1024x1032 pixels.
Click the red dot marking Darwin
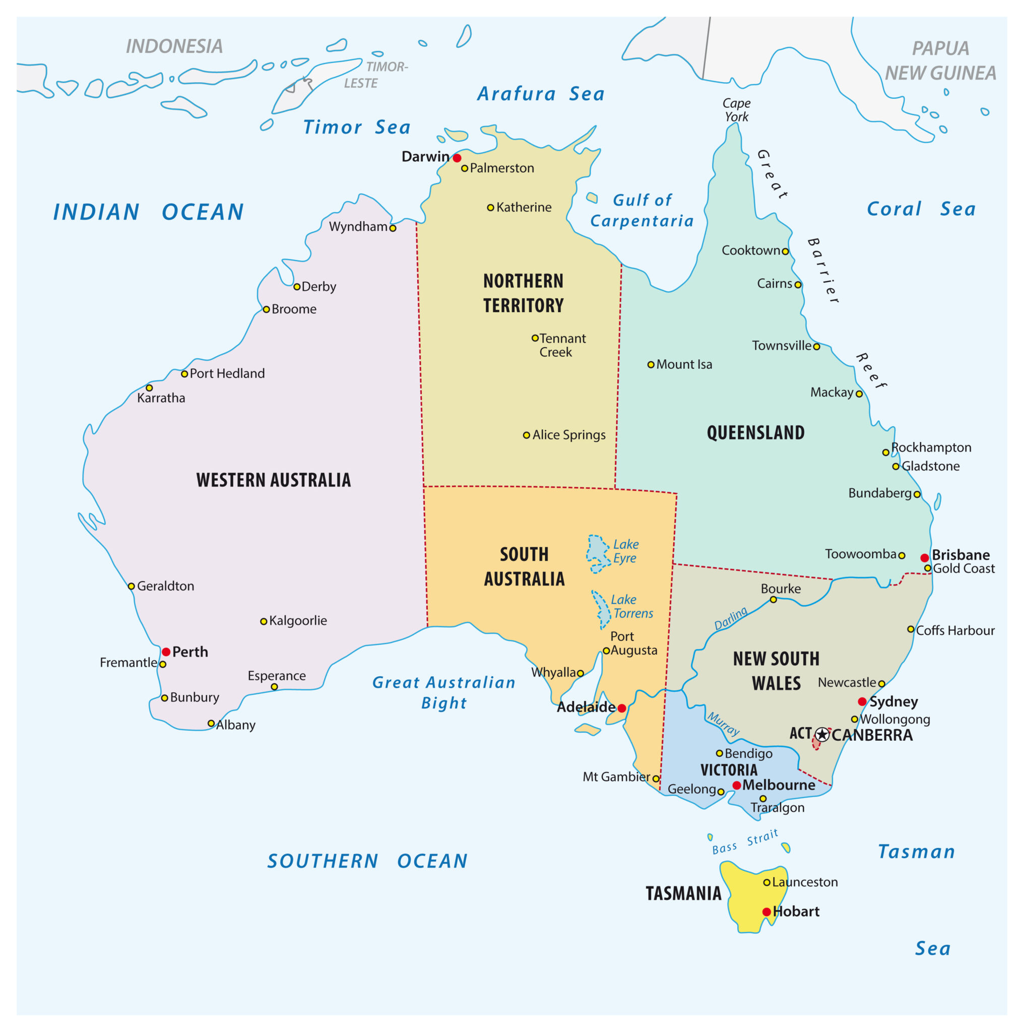click(x=457, y=158)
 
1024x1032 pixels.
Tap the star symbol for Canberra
click(x=822, y=735)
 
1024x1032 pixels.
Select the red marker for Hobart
click(x=766, y=912)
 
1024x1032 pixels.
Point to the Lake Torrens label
click(x=632, y=606)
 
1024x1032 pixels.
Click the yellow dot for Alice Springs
click(x=526, y=435)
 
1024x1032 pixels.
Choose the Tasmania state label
click(x=683, y=893)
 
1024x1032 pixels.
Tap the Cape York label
click(x=736, y=110)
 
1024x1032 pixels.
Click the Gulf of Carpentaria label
click(x=642, y=211)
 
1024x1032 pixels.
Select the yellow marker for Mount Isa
click(x=651, y=365)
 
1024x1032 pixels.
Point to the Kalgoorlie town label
click(x=297, y=621)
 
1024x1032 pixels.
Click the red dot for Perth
click(x=166, y=652)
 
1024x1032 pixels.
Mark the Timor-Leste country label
click(x=375, y=75)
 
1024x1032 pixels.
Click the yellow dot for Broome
click(x=266, y=309)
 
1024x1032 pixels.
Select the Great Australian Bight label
click(x=444, y=692)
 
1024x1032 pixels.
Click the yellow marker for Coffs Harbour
click(x=911, y=629)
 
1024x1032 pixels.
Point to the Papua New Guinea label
click(x=940, y=60)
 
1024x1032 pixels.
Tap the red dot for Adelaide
click(x=622, y=708)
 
